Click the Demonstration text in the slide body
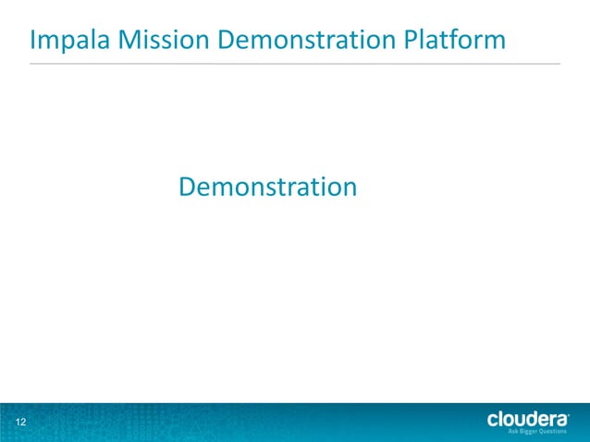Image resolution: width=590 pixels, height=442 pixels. tap(267, 187)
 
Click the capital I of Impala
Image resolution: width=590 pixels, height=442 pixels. tap(33, 41)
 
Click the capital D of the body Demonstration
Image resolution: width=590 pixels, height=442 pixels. tap(187, 187)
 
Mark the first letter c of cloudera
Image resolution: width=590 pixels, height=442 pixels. tap(493, 420)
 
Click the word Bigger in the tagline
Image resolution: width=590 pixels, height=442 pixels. tap(528, 432)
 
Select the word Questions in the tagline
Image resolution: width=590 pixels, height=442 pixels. tap(553, 432)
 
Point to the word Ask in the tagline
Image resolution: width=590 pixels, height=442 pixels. tap(513, 432)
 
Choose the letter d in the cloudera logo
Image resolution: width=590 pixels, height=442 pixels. tap(533, 419)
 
